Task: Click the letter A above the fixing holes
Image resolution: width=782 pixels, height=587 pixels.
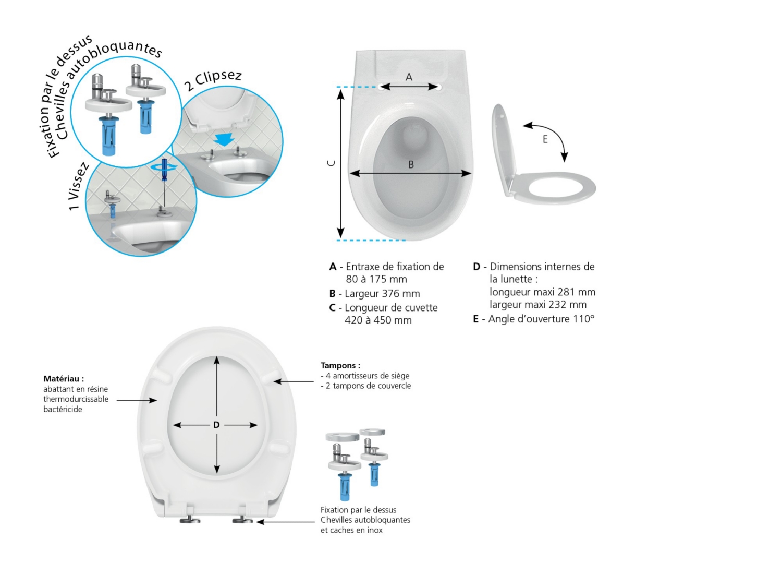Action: [409, 77]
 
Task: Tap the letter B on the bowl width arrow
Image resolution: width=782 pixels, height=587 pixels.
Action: [411, 165]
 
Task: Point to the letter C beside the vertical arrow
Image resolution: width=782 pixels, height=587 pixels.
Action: [331, 163]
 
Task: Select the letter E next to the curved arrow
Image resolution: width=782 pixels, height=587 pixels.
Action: [545, 139]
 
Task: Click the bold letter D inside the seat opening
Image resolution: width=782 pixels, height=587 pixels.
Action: [216, 425]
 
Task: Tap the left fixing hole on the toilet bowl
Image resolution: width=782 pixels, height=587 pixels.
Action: [381, 87]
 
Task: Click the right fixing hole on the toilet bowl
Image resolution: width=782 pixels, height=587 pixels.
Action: [438, 87]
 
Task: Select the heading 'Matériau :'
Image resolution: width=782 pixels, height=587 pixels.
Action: [64, 378]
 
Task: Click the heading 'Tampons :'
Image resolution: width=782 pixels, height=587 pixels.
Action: [340, 365]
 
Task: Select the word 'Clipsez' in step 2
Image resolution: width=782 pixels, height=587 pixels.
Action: [218, 78]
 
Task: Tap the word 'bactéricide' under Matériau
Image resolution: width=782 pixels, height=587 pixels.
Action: [63, 409]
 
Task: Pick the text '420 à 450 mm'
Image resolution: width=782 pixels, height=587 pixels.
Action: [378, 320]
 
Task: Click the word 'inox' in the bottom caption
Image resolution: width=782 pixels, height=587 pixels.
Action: [375, 530]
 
